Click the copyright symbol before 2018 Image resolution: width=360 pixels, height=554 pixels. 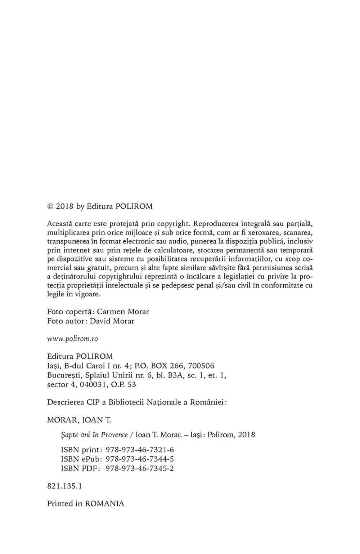tap(50, 207)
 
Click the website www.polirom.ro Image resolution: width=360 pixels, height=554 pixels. tap(72, 339)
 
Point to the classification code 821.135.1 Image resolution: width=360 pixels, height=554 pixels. tap(65, 486)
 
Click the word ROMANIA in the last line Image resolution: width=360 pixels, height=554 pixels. tap(104, 504)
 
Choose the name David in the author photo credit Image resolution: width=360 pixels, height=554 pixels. tap(102, 321)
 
